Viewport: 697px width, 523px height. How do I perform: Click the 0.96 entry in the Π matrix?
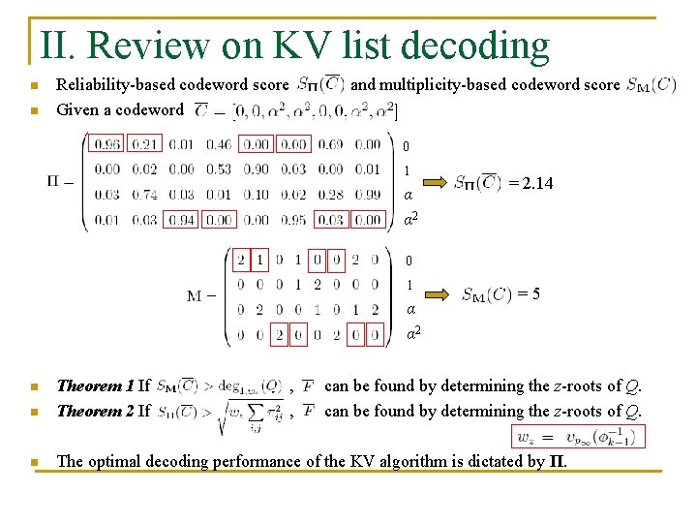click(107, 145)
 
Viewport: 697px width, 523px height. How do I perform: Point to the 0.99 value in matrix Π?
click(367, 195)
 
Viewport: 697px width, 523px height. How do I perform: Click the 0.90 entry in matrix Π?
click(256, 169)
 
